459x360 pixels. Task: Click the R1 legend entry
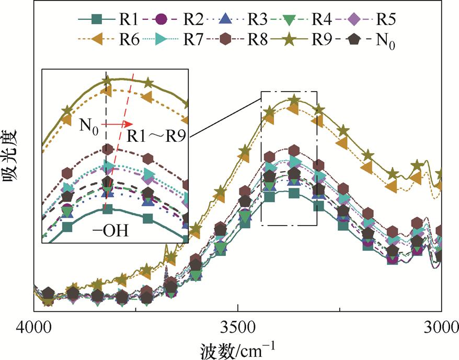tap(112, 20)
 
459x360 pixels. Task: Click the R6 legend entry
tap(112, 40)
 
